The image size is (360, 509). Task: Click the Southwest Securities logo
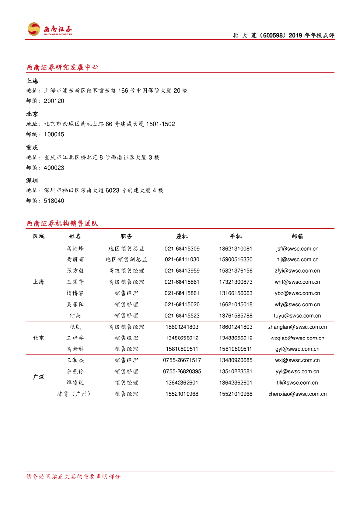[49, 30]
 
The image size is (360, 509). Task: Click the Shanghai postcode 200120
[54, 101]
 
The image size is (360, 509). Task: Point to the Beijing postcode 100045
[54, 134]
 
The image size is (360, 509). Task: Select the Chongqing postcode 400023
[54, 168]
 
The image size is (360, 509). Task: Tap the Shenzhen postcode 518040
[54, 201]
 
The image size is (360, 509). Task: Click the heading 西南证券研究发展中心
[62, 67]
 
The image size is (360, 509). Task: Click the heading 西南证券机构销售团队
[62, 224]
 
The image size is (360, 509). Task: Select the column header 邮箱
[297, 236]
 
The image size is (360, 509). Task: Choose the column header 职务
[126, 236]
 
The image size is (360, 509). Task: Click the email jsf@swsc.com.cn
[297, 249]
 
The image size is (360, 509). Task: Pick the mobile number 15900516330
[235, 259]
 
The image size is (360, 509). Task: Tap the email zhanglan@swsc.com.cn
[297, 327]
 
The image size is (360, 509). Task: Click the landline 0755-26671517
[182, 360]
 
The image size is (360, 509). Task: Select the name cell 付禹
[75, 316]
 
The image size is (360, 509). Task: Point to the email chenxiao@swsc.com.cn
[297, 394]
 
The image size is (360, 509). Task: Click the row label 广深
[38, 377]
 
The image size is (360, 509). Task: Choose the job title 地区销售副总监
[126, 259]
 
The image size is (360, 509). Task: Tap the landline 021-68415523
[182, 316]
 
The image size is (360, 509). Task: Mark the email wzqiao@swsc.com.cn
[297, 338]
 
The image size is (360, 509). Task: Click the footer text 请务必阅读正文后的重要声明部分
[73, 477]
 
